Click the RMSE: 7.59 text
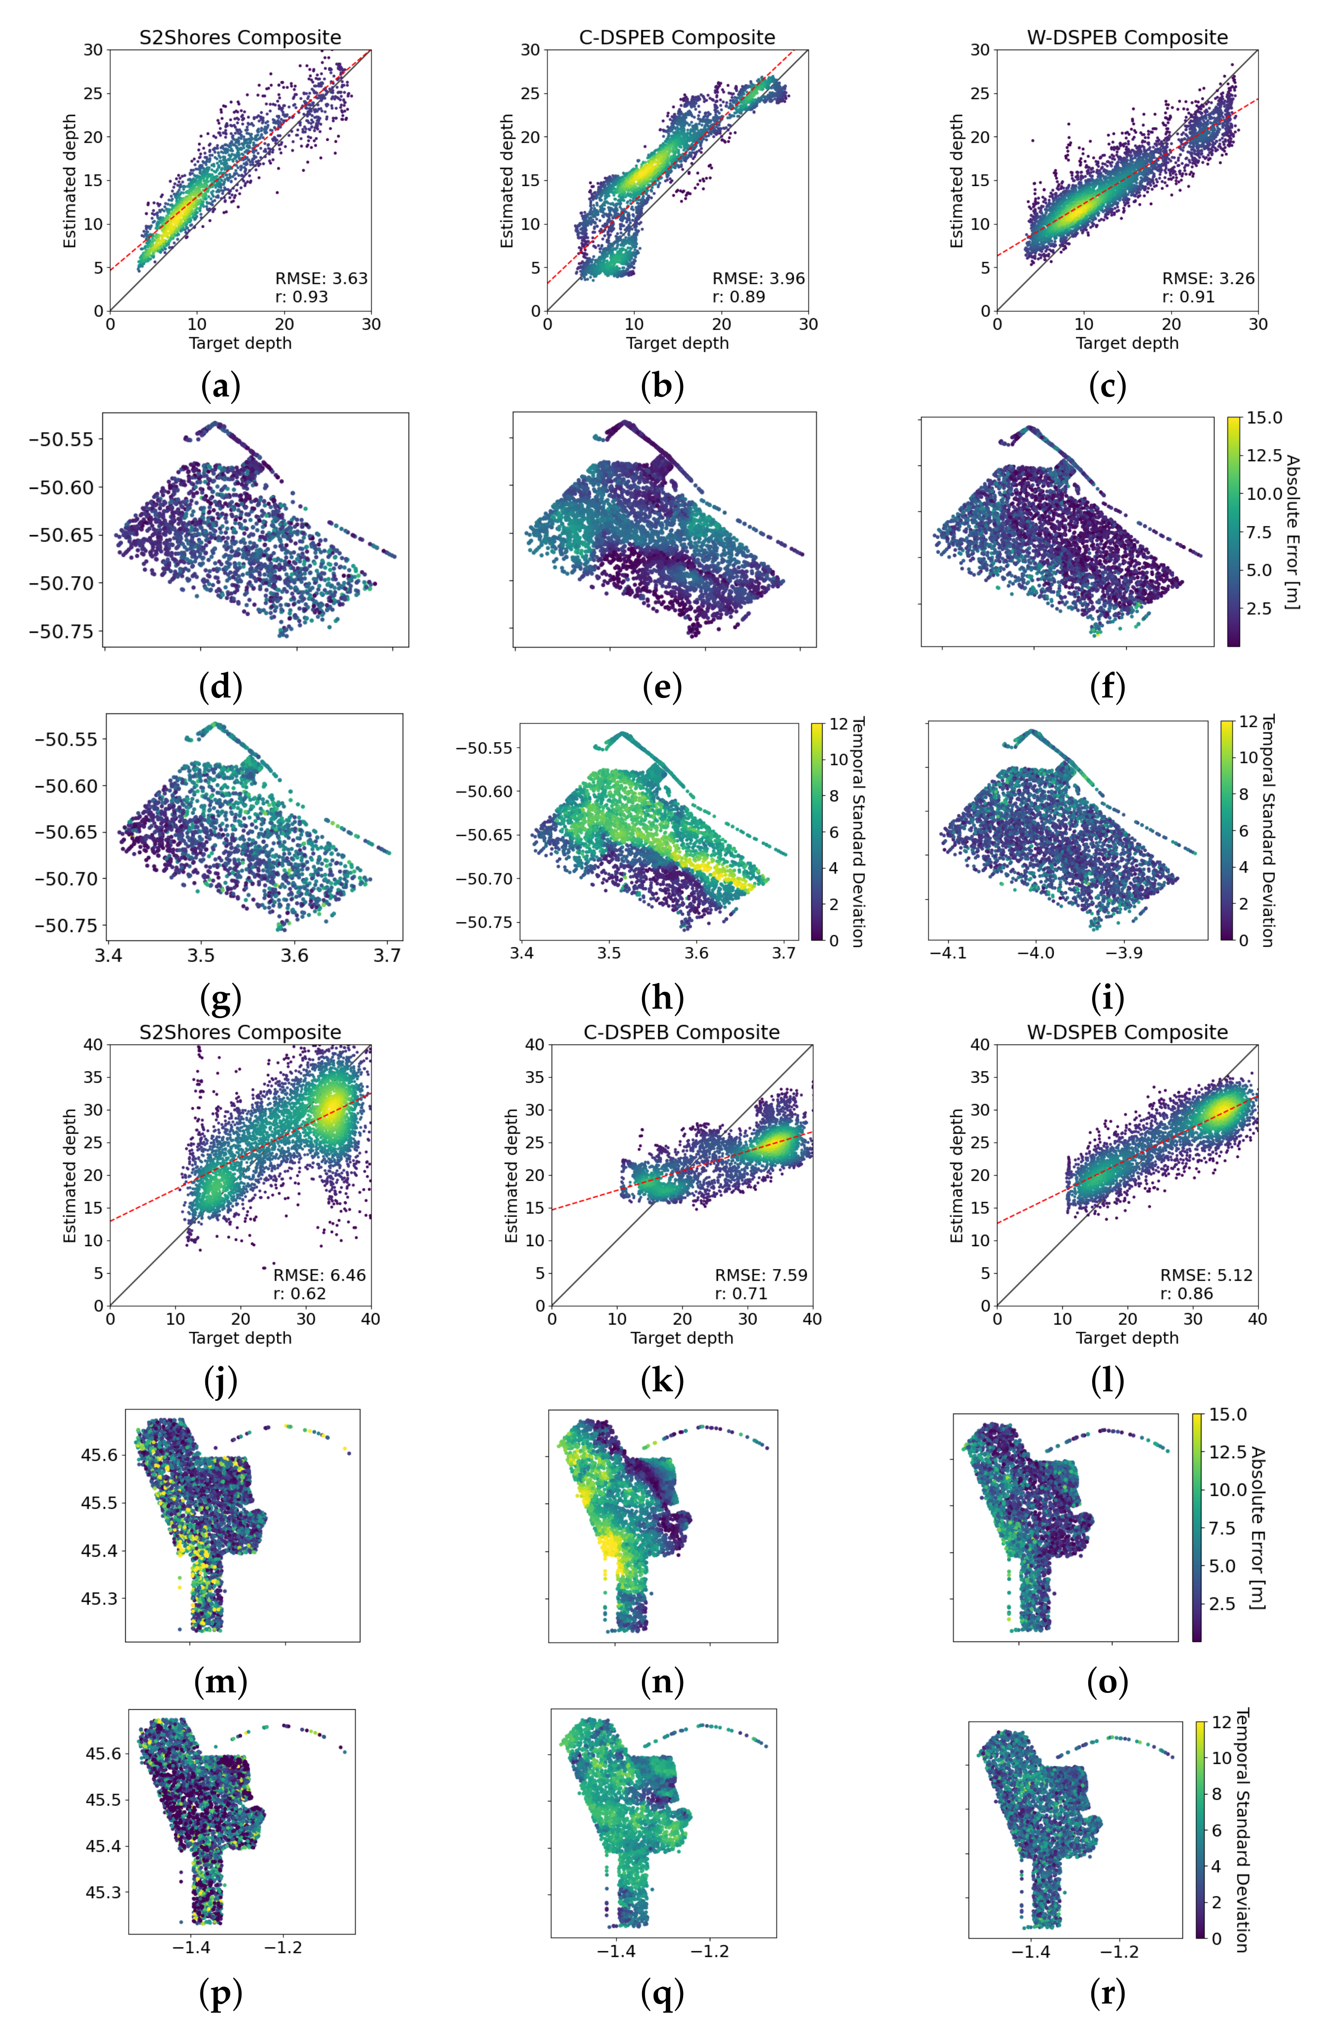point(760,1275)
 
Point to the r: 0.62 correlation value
point(299,1293)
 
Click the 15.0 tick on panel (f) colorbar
point(1264,418)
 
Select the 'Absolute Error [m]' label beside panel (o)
point(1257,1527)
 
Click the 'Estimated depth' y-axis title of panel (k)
point(512,1175)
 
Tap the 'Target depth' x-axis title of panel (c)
point(1126,343)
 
